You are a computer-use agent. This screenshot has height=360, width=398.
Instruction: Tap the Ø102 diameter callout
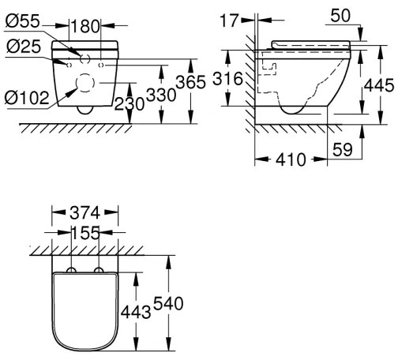(x=27, y=98)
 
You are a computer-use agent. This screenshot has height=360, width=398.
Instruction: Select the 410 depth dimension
(x=291, y=160)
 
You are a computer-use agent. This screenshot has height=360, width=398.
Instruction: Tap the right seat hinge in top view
(x=98, y=271)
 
